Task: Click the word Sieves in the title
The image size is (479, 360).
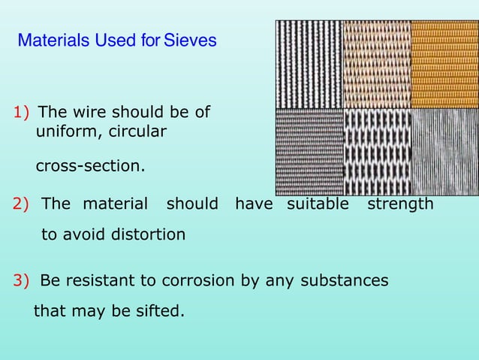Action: coord(190,40)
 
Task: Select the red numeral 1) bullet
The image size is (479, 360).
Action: coord(22,113)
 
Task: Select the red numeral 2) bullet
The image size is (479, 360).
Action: coord(22,204)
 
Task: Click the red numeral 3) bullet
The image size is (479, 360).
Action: coord(22,281)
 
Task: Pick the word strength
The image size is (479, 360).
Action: coord(400,204)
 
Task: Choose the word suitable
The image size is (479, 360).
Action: coord(318,204)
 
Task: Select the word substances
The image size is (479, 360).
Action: coord(345,281)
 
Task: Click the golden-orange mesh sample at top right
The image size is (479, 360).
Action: coord(444,65)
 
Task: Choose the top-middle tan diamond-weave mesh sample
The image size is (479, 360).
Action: coord(377,65)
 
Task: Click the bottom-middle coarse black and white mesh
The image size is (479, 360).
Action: coord(377,153)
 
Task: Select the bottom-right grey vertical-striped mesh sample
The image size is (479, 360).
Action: coord(444,153)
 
